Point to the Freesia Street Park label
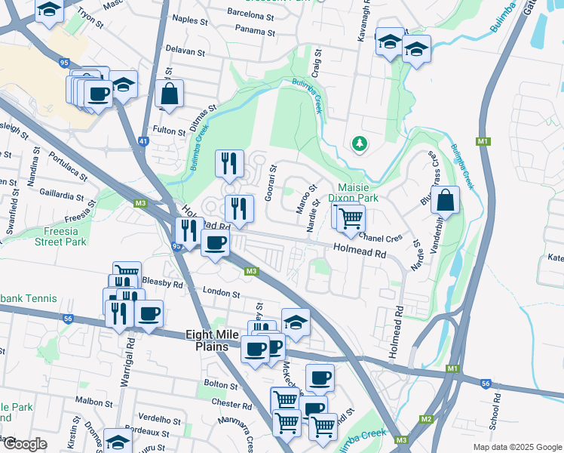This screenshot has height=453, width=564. click(60, 236)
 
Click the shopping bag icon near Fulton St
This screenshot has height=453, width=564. click(170, 94)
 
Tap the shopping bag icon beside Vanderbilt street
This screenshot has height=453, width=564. click(446, 200)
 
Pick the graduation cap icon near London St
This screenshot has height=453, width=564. click(296, 322)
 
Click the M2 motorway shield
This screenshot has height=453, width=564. click(427, 419)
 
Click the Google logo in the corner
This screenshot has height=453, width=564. click(24, 444)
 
